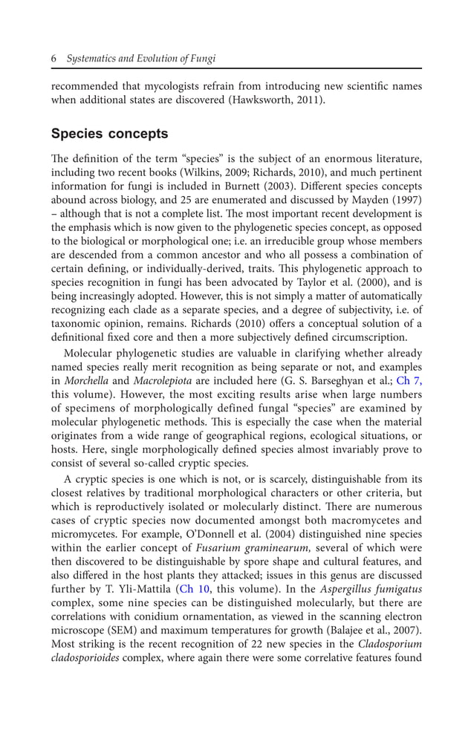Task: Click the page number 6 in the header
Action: [54, 59]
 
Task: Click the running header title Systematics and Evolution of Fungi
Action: [141, 59]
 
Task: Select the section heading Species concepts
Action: [109, 134]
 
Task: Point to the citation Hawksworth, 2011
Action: [280, 100]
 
